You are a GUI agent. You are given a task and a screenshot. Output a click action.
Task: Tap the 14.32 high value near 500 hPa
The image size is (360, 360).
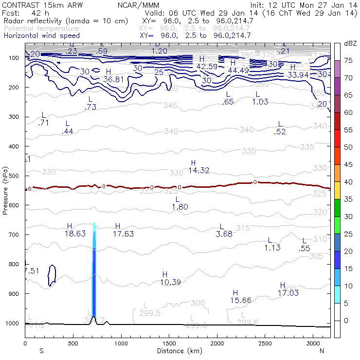pyautogui.click(x=198, y=170)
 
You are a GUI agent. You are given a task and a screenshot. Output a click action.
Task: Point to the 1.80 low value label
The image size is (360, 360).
pyautogui.click(x=180, y=207)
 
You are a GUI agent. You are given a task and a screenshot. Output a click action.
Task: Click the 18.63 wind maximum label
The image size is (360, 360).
pyautogui.click(x=75, y=234)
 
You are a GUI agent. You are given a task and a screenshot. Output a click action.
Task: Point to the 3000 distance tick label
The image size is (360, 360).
pyautogui.click(x=311, y=343)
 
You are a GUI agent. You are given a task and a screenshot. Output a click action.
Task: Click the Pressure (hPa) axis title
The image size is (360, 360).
pyautogui.click(x=5, y=190)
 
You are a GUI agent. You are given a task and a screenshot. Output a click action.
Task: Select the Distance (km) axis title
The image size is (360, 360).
pyautogui.click(x=178, y=350)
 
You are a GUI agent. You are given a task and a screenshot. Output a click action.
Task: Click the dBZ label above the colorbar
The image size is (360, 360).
pyautogui.click(x=350, y=44)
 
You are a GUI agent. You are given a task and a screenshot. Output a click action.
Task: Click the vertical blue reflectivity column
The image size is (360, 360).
pyautogui.click(x=94, y=282)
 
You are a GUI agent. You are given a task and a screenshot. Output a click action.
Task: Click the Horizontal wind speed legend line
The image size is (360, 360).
pyautogui.click(x=42, y=36)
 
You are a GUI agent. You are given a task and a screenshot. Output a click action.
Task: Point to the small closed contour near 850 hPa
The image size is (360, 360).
pyautogui.click(x=53, y=275)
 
